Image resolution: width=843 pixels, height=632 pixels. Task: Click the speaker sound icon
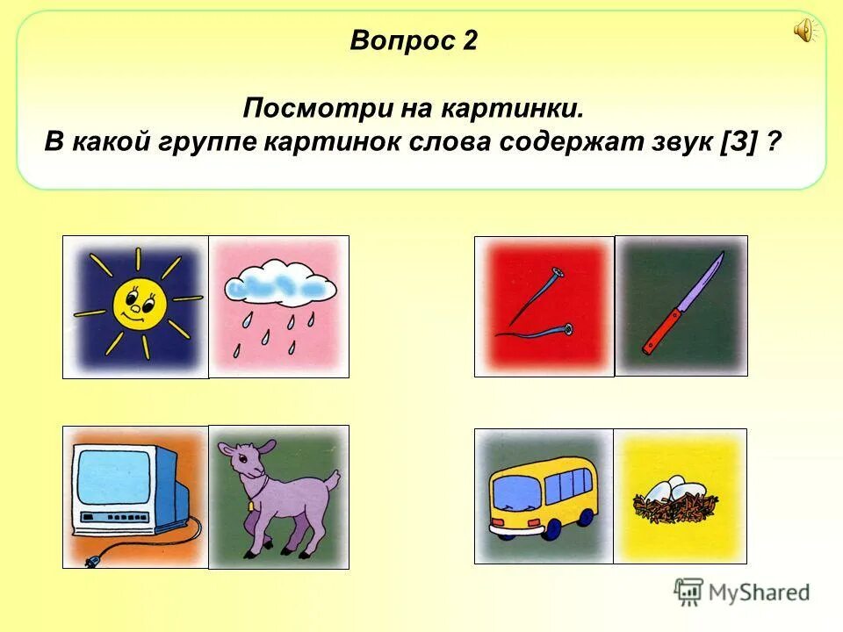point(804,32)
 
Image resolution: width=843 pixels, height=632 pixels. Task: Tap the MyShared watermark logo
point(742,592)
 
